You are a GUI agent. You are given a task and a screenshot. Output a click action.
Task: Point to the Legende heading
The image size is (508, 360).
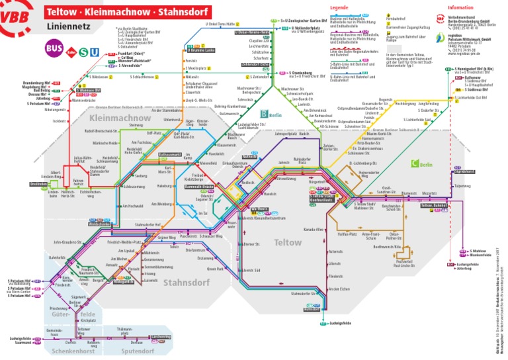click(x=339, y=7)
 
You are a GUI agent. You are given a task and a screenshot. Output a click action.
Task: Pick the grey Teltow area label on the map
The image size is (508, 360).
click(x=287, y=242)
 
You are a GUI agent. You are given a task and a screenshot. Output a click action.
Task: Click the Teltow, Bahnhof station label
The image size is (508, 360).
click(x=433, y=206)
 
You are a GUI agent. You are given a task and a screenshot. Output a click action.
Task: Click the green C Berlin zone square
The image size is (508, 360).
click(x=415, y=163)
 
